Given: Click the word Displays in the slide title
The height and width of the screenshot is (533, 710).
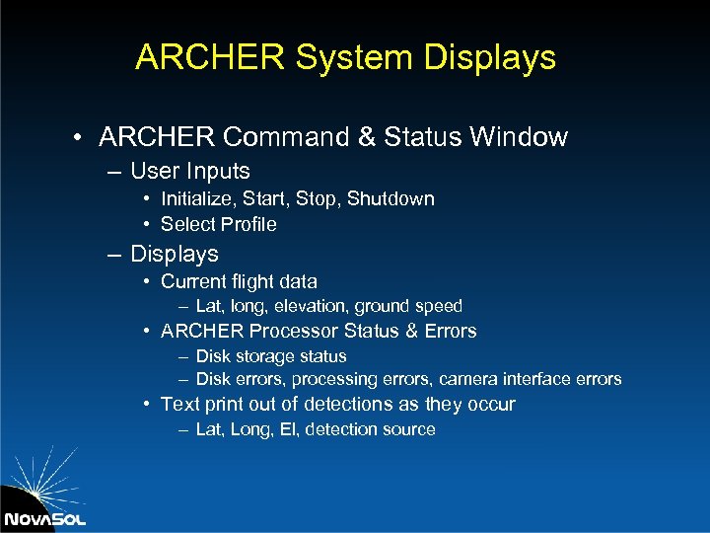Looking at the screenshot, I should pyautogui.click(x=490, y=57).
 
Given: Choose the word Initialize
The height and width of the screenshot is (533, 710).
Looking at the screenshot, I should pyautogui.click(x=198, y=199).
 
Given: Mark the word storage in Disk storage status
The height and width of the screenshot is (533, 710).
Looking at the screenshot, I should pyautogui.click(x=260, y=356).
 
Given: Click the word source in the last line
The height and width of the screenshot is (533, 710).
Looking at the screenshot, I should pyautogui.click(x=409, y=429).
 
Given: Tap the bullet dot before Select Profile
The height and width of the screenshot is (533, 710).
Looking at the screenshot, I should pyautogui.click(x=146, y=224).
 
